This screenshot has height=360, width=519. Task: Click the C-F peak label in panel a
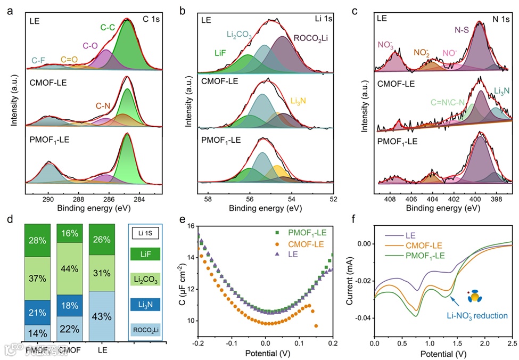tap(37, 61)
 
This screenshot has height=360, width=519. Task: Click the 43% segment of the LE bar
tap(104, 316)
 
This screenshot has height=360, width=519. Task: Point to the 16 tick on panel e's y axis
tap(190, 226)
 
